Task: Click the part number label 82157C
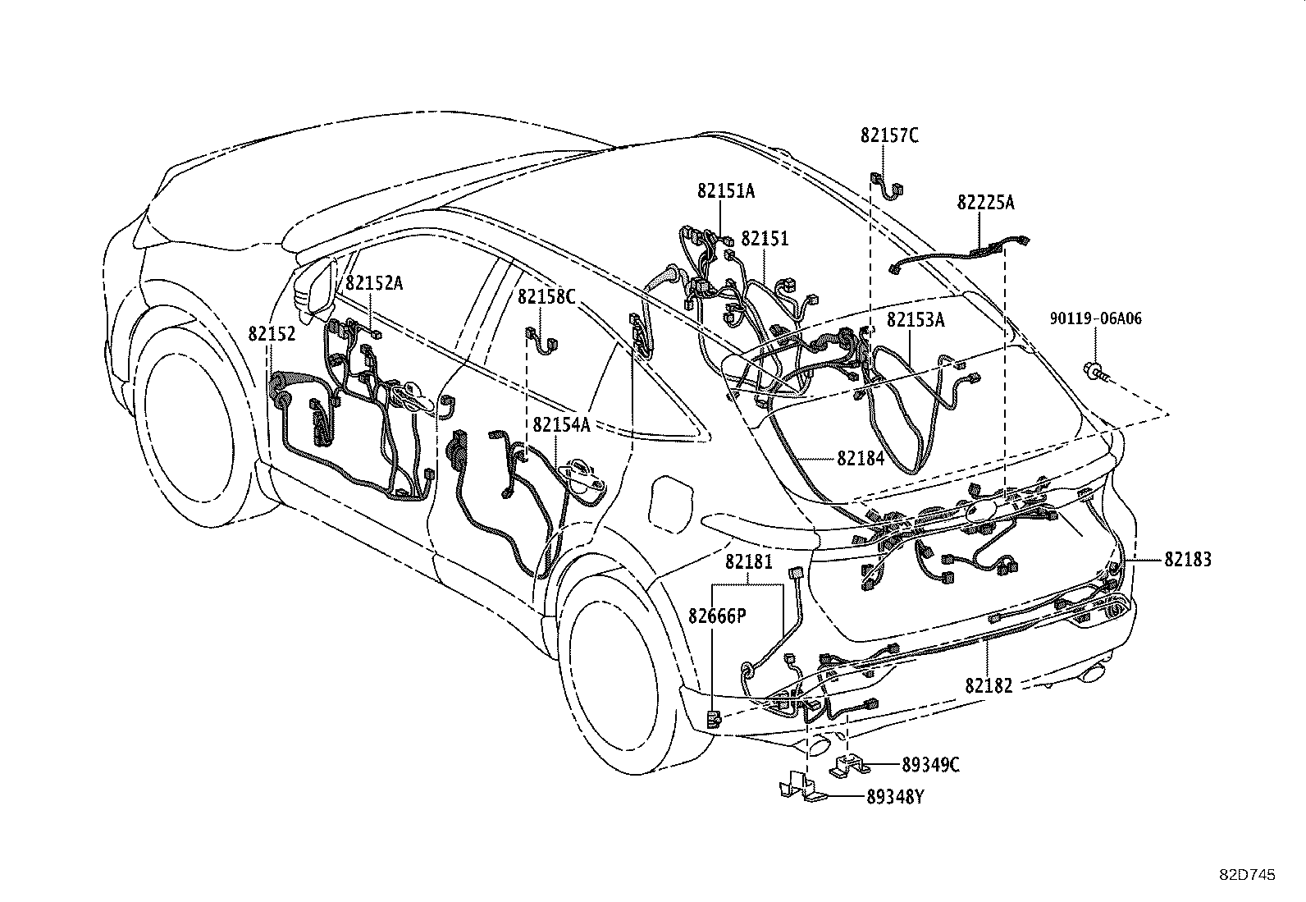coord(889,136)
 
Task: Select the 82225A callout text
coord(984,203)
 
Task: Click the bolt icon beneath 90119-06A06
coord(1097,374)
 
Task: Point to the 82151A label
coord(726,191)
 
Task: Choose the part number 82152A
coord(374,283)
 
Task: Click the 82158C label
coord(546,296)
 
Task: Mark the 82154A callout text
coord(561,424)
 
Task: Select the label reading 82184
coord(861,458)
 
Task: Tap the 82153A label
coord(916,320)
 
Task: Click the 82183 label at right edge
coord(1187,560)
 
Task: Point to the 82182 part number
coord(989,685)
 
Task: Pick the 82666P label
coord(717,616)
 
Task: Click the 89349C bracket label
coord(930,765)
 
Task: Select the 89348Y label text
coord(895,797)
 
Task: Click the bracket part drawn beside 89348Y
coord(800,785)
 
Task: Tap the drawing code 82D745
coord(1246,875)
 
